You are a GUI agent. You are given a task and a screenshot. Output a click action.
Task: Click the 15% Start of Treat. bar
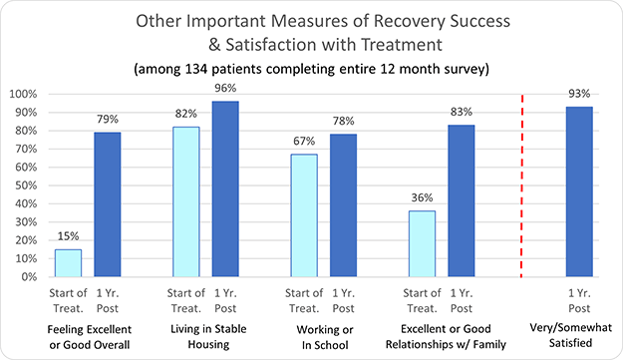[68, 263]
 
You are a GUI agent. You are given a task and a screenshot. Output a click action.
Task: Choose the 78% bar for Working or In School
[343, 205]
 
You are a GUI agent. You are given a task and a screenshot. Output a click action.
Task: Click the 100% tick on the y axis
[25, 94]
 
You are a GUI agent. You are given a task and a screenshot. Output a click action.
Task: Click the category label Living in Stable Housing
[207, 336]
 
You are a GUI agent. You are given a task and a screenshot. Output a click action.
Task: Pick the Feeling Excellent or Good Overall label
[88, 336]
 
